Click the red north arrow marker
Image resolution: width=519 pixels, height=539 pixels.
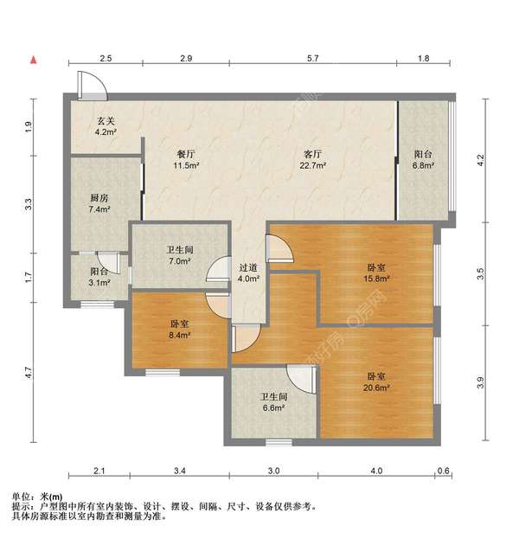coord(33,60)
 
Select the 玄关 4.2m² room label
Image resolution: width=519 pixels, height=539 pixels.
coord(106,127)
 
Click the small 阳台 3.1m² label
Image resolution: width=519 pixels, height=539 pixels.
coord(87,276)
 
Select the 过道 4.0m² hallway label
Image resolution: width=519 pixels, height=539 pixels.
coord(248,272)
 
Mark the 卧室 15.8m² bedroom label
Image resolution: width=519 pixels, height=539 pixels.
coord(377,272)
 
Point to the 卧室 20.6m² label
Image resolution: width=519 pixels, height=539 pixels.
coord(376,382)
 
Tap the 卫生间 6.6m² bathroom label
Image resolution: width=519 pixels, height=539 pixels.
coord(274,403)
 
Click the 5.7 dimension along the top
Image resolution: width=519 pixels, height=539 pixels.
coord(313,59)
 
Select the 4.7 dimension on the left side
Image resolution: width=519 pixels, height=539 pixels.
coord(29,374)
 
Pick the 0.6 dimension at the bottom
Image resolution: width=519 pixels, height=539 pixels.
coord(444,471)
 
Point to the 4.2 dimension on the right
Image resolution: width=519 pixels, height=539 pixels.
coord(482,159)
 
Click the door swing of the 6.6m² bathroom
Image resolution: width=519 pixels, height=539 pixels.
coord(302,379)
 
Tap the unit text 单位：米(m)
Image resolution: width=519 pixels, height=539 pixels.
coord(37,496)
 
